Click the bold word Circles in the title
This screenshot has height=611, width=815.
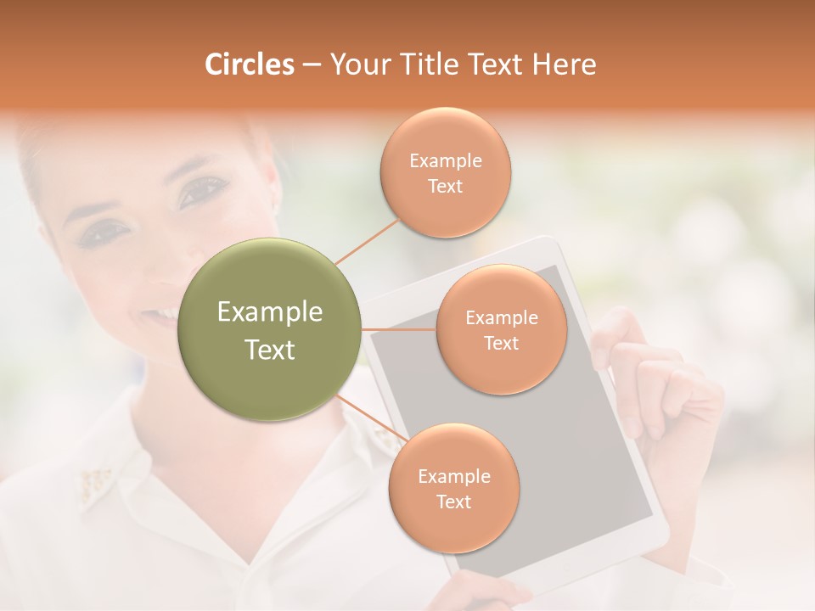(x=249, y=64)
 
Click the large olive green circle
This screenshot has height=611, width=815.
(x=269, y=329)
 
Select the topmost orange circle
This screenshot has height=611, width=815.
(x=445, y=172)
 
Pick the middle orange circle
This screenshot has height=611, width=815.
(x=501, y=329)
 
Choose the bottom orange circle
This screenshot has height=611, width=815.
(x=453, y=488)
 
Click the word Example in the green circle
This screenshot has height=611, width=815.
(x=269, y=312)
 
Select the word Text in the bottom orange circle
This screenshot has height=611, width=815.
(x=453, y=502)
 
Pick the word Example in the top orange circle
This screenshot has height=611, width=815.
(x=445, y=160)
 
